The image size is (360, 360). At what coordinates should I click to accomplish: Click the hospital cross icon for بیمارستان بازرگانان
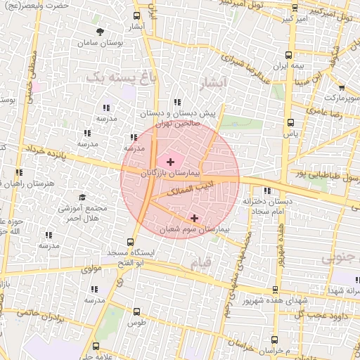pos(170,162)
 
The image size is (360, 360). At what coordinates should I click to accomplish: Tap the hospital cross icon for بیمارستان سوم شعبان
pos(195,218)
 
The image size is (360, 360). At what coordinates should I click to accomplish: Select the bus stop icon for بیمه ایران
pos(289,54)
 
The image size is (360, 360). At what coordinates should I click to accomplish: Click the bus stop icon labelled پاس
pos(288,122)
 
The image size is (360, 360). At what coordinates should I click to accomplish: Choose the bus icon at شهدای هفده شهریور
pos(274,290)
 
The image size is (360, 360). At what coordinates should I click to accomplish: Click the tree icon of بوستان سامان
pos(101,32)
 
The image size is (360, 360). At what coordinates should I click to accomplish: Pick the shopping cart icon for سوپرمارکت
pos(341,89)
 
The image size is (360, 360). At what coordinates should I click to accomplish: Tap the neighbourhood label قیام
pos(200,264)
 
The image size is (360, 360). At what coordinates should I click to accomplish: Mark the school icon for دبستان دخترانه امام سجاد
pos(266,191)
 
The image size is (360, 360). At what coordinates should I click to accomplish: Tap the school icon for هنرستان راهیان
pos(19,172)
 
